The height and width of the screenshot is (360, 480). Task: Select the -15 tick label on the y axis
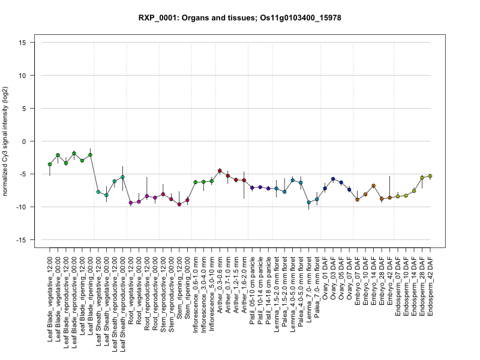tap(24, 240)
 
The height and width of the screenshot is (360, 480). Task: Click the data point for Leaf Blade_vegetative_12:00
tap(50, 164)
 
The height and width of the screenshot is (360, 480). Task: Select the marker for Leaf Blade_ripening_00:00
tap(90, 155)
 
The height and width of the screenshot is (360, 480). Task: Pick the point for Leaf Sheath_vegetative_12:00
tap(98, 192)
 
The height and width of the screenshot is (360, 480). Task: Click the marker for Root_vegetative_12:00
tap(131, 203)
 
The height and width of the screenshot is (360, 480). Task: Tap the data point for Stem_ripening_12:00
tap(179, 205)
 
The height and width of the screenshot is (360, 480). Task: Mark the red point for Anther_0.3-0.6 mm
tap(220, 171)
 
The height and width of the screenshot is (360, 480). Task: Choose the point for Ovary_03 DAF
tap(333, 179)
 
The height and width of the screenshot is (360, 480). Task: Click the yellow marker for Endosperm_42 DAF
tap(430, 176)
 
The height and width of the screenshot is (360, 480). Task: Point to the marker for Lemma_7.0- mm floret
tap(308, 203)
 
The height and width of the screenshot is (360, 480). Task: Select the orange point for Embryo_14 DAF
tap(373, 186)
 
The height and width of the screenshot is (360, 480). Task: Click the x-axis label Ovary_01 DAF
tap(325, 276)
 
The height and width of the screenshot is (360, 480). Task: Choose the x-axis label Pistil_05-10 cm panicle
tap(253, 286)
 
